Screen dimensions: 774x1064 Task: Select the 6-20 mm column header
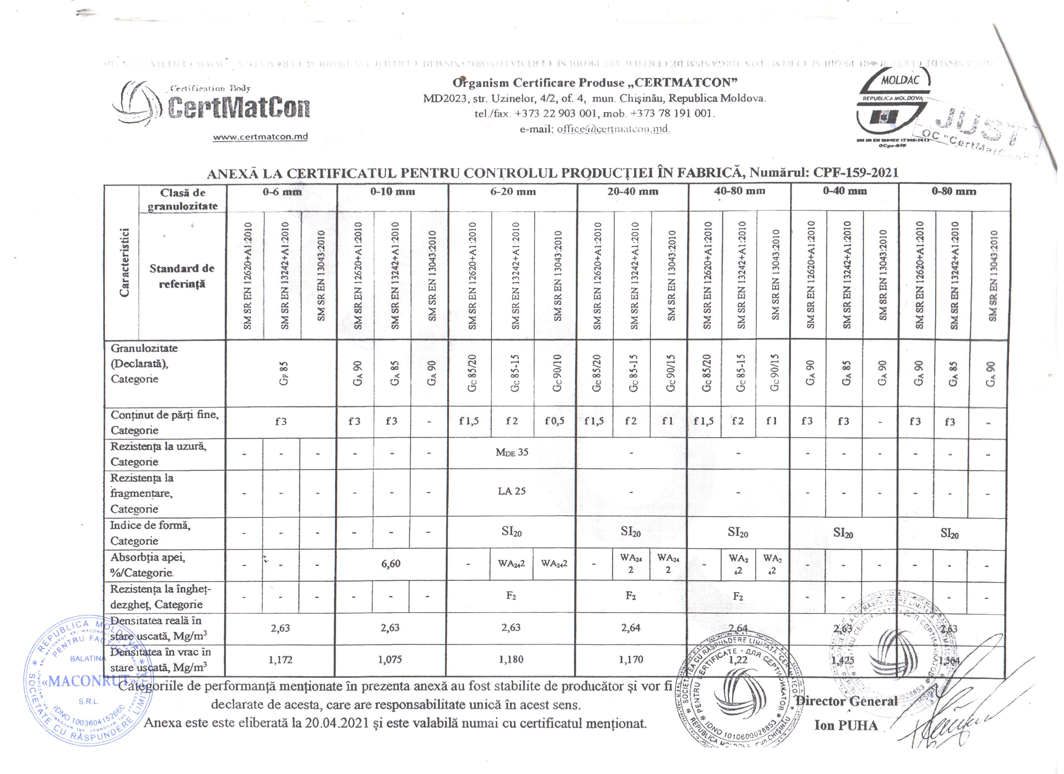click(513, 192)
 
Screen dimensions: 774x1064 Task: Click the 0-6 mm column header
click(282, 192)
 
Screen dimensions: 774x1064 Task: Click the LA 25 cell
click(511, 491)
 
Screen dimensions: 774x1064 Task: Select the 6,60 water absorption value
click(391, 564)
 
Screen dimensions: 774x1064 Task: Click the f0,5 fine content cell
click(554, 421)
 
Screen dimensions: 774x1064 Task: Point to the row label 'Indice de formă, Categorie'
click(150, 533)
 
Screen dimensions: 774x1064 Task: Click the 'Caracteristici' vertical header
click(124, 263)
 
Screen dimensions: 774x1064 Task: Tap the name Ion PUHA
click(846, 726)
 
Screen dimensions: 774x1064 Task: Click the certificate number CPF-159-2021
click(855, 172)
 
